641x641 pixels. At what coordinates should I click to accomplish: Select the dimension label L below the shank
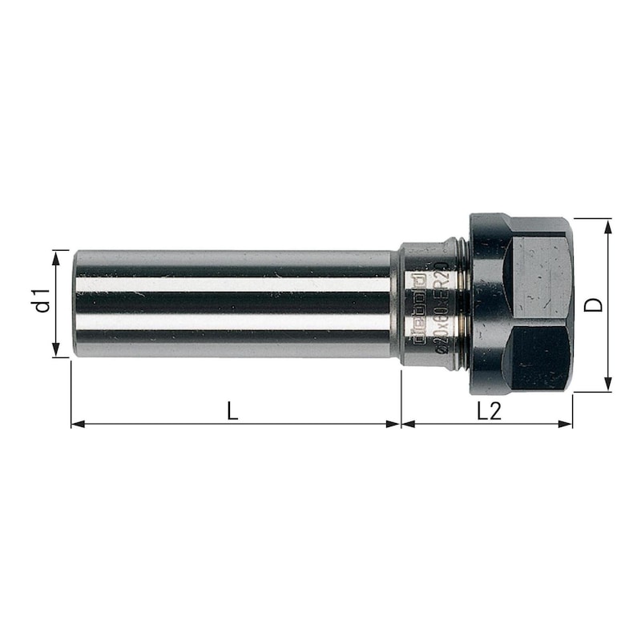tap(232, 411)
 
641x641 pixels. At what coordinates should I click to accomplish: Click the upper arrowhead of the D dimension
tap(609, 224)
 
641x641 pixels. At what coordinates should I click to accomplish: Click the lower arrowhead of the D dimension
tap(609, 385)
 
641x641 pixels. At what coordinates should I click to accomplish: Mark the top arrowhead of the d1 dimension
tap(57, 256)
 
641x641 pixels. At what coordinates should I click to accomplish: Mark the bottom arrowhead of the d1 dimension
tap(57, 351)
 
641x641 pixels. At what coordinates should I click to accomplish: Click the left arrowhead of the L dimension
tap(78, 424)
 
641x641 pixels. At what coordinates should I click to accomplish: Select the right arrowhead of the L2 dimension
tap(567, 424)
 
